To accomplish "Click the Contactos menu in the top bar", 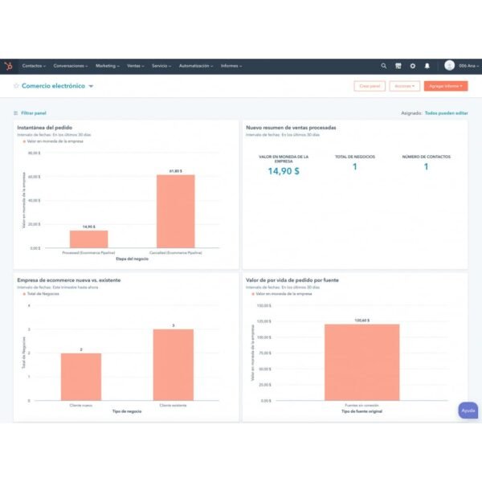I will coord(33,66).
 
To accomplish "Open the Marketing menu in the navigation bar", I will coord(107,66).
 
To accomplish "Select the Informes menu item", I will coord(231,66).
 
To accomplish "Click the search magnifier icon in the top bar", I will coord(384,66).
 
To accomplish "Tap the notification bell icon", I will coord(427,66).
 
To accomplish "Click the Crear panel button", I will coord(370,86).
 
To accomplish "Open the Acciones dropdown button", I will coord(404,86).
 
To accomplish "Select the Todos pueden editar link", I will coord(446,113).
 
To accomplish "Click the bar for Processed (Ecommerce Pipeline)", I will coord(88,239).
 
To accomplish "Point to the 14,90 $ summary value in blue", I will coord(284,170).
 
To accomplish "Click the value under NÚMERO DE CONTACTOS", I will coord(426,167).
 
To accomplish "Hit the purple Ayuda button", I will coord(468,411).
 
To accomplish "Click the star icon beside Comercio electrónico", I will coord(16,86).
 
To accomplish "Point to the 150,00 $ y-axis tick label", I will coord(263,305).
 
